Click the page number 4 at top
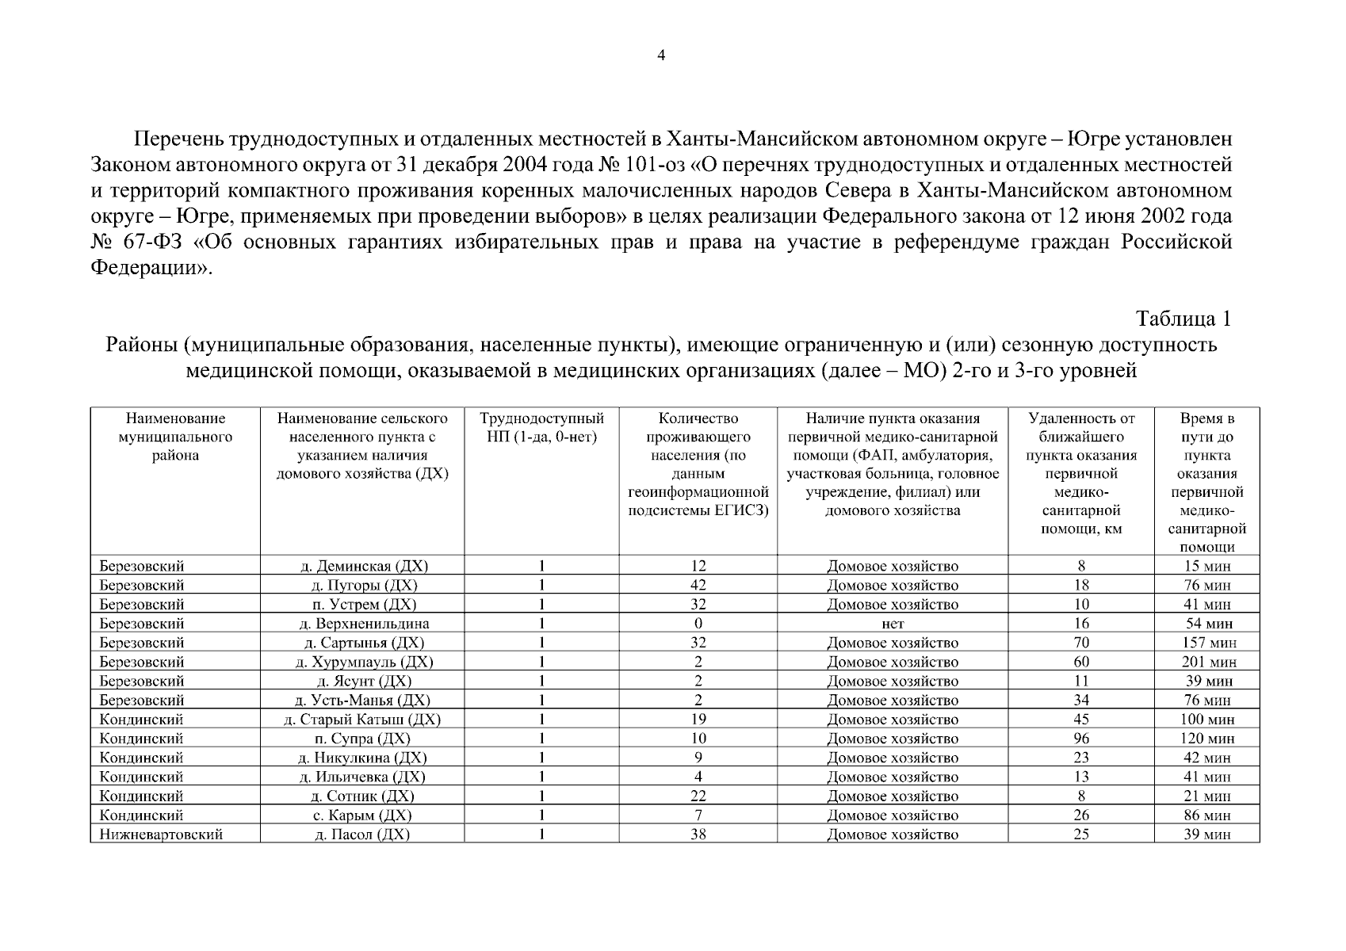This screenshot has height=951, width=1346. (662, 55)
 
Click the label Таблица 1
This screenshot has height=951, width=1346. (1183, 319)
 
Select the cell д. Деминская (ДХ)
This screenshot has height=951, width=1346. (362, 567)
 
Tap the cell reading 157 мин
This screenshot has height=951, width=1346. (1207, 643)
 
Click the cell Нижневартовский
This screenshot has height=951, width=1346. (161, 835)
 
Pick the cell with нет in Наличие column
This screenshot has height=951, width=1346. (893, 624)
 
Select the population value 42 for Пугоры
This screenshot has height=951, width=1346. (698, 586)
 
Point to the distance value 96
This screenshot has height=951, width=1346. (1081, 739)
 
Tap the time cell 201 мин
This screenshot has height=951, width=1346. (1207, 662)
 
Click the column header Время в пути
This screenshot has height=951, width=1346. (1206, 482)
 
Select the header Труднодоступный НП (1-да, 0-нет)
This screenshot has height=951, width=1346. (541, 428)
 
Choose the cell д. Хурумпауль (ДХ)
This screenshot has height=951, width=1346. (363, 662)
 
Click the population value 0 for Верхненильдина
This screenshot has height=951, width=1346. (698, 624)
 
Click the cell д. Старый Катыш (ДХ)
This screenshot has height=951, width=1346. (362, 720)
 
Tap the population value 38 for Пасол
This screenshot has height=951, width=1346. (698, 835)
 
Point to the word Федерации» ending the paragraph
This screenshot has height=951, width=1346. (151, 267)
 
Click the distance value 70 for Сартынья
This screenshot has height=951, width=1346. (1081, 643)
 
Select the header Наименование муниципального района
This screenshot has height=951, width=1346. (175, 437)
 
